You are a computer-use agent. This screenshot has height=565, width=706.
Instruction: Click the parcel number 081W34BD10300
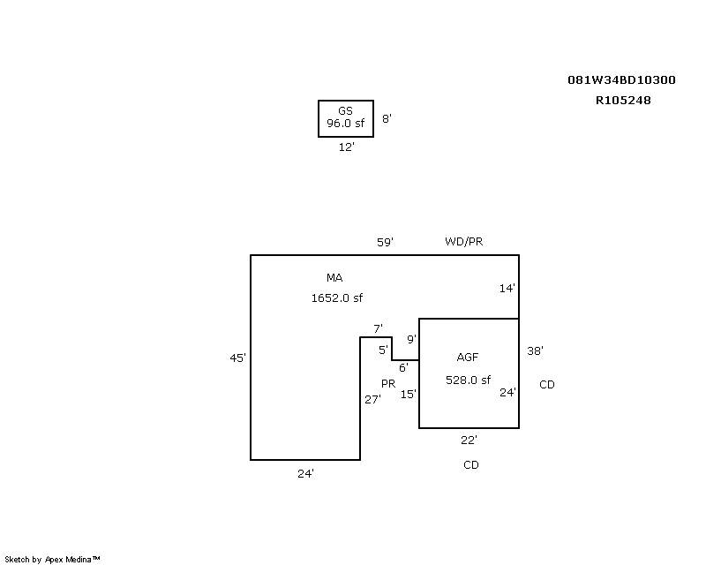pos(621,80)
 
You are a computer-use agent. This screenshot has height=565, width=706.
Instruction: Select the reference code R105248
pos(623,101)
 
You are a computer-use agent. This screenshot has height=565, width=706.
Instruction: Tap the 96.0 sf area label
pos(345,124)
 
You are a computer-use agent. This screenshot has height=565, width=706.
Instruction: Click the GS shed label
pos(345,111)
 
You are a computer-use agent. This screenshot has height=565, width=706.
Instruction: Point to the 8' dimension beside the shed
pos(387,118)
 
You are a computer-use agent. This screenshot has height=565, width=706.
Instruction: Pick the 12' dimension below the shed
pos(347,147)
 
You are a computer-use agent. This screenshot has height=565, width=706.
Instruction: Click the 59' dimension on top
pos(385,242)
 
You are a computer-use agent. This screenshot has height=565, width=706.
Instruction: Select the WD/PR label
pos(464,242)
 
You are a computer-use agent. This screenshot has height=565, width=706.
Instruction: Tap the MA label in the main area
pos(334,278)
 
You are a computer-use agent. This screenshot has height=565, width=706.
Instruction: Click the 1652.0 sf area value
pos(336,298)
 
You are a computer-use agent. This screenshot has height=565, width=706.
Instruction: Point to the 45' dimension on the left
pos(237,358)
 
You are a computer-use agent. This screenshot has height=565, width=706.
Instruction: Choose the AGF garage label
pos(468,358)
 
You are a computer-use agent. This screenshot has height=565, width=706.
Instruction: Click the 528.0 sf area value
pos(468,380)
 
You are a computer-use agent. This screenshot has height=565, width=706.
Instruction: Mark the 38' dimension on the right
pos(535,350)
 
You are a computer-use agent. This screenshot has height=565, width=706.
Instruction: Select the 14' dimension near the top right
pos(507,288)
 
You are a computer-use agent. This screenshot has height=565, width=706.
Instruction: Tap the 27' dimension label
pos(372,399)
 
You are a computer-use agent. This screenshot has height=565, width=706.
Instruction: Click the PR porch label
pos(388,384)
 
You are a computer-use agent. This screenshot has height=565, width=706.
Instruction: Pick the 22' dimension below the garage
pos(469,440)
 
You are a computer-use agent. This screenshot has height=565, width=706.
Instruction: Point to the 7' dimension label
pos(378,329)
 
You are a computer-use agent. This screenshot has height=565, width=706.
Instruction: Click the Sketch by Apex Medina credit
pos(53,559)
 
